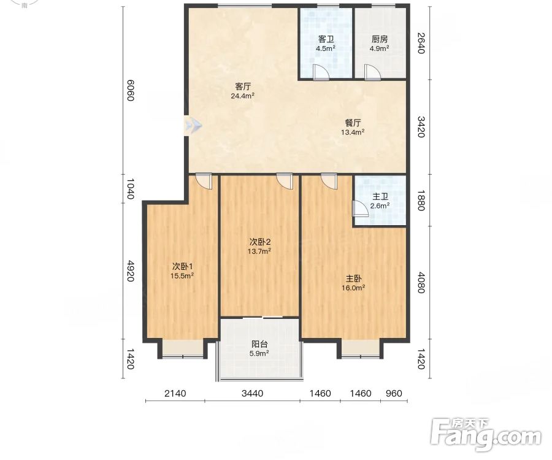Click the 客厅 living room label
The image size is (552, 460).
[243, 86]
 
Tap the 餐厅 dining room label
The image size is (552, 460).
[353, 123]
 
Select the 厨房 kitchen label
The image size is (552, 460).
[380, 39]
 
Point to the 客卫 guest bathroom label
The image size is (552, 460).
[326, 39]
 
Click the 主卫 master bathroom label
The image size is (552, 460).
[380, 197]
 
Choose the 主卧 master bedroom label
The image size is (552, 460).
[353, 278]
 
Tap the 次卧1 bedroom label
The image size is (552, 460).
[182, 266]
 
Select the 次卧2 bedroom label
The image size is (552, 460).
[259, 242]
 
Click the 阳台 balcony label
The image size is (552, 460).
[259, 344]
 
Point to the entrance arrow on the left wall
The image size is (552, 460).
[193, 125]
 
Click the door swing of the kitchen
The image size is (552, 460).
[372, 72]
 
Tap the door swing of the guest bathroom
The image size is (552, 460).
[321, 72]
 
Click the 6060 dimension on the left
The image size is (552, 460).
[130, 90]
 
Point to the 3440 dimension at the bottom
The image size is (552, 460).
[253, 393]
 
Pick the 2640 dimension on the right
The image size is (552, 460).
[421, 43]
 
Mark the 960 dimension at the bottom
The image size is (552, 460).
[394, 393]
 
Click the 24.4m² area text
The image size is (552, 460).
[243, 96]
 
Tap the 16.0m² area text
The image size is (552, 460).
[353, 288]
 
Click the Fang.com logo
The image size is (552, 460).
[486, 435]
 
